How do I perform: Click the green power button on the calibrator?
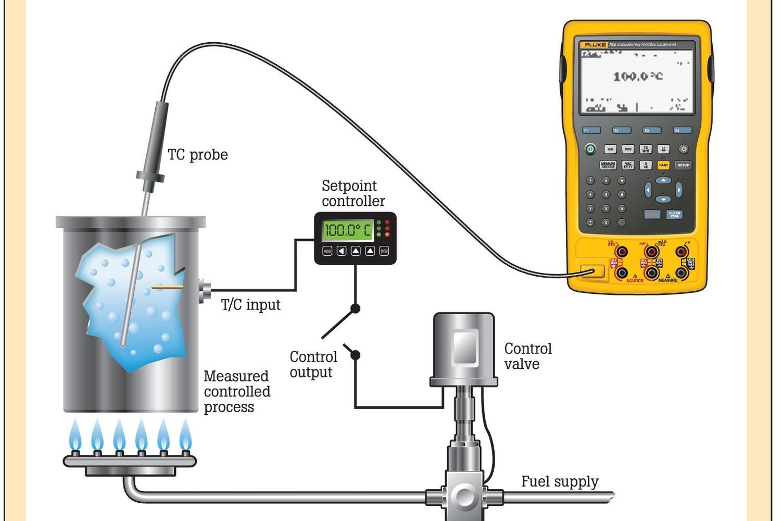coord(590,149)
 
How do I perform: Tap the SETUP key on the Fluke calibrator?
coord(683,165)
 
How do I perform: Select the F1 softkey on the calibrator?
coord(591,130)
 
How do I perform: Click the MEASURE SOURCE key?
coord(608,165)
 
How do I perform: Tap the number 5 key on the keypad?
coord(606,194)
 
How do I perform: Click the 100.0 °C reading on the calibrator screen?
coord(638,77)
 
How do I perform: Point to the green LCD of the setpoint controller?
coord(348,230)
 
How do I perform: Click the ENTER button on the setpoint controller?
coord(384,251)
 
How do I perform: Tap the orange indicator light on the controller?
coord(387,235)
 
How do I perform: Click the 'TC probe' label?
coord(197,155)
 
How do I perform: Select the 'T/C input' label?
coord(250,305)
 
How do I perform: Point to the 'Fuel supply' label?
coord(560,481)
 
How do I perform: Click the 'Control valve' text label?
coord(527,356)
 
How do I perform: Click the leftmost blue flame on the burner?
coord(75,436)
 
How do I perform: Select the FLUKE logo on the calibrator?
coord(595,45)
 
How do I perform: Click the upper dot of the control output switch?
coord(355,308)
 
